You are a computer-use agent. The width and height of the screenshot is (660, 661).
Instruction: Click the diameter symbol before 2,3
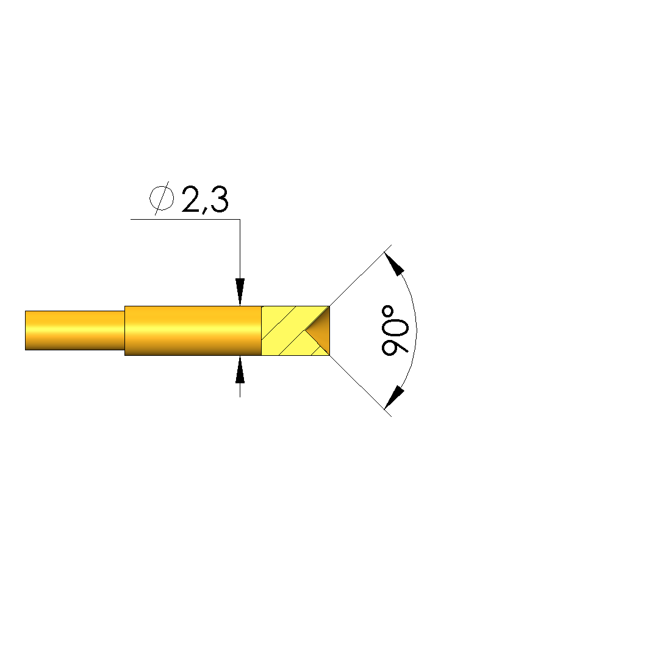pos(162,198)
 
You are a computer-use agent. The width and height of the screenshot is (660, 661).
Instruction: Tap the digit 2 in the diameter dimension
pos(191,199)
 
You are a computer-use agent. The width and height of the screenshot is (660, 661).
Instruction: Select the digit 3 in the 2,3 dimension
pos(219,199)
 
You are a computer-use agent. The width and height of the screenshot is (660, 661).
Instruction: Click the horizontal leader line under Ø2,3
pos(185,219)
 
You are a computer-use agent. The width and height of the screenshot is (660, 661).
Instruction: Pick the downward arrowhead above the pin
pos(240,292)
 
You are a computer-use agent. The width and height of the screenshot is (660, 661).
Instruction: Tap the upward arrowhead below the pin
pos(240,369)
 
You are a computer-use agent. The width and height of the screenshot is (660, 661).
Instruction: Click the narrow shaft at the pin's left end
pos(75,331)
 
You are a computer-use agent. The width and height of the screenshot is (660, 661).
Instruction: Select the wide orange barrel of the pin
pos(193,331)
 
